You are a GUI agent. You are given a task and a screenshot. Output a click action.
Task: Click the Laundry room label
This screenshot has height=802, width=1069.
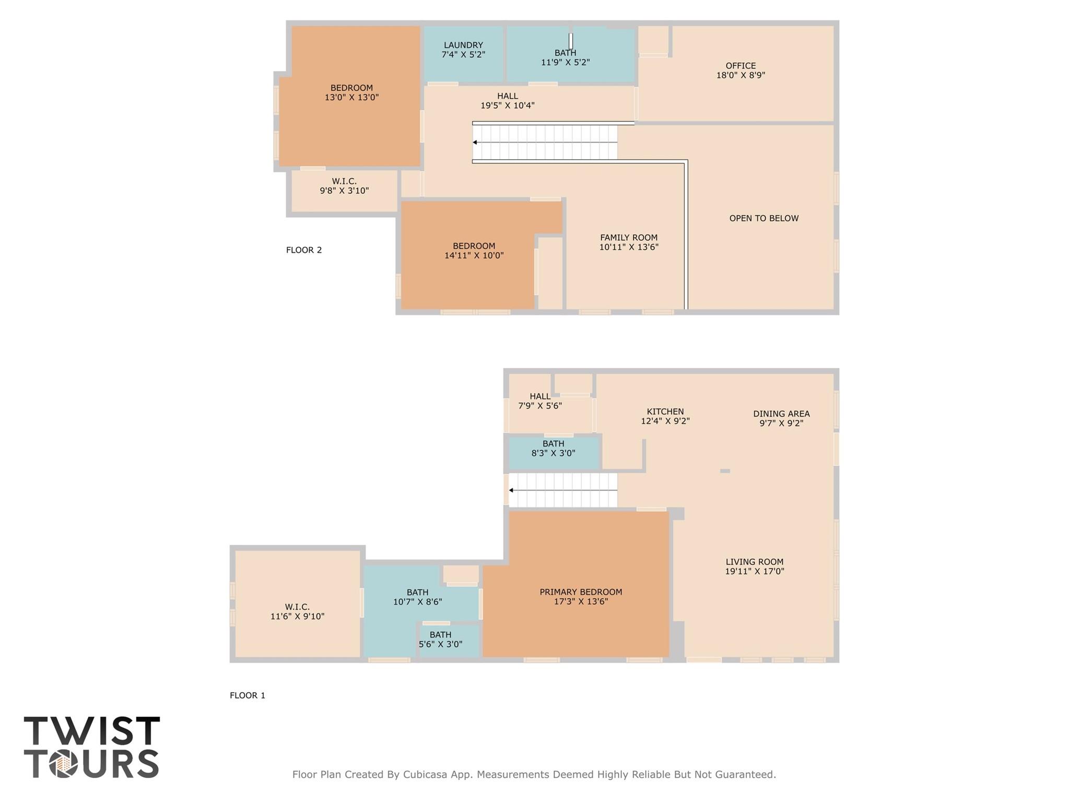[x=463, y=45]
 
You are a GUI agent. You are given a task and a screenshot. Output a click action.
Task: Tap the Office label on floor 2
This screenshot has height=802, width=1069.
[x=741, y=66]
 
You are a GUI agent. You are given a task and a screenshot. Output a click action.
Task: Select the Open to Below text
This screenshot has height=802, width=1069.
[x=763, y=218]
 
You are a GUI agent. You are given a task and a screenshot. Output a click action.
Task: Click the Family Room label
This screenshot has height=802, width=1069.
[x=629, y=238]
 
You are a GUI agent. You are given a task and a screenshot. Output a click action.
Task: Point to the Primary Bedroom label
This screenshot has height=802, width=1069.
[x=581, y=592]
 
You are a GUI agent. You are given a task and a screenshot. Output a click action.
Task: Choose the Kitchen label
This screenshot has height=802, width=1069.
[x=665, y=412]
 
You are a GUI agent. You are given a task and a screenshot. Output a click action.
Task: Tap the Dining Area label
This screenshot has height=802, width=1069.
[x=781, y=414]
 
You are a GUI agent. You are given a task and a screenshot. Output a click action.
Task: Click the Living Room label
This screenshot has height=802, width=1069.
[x=754, y=562]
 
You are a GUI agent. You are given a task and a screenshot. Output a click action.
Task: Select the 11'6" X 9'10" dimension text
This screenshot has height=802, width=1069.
[x=297, y=617]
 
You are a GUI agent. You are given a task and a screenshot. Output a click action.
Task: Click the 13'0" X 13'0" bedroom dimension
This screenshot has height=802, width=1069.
[x=351, y=98]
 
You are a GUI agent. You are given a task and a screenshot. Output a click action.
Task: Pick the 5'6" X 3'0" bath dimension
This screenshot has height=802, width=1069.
[x=440, y=644]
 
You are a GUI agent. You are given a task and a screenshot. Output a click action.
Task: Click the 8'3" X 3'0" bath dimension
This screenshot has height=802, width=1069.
[x=553, y=454]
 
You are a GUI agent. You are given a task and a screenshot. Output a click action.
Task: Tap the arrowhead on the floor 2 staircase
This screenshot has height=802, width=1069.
[x=475, y=142]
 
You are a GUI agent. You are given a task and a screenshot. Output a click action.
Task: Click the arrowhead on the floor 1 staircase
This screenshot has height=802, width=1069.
[x=511, y=490]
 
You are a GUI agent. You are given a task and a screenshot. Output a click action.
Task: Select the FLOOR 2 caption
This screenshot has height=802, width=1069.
[x=304, y=250]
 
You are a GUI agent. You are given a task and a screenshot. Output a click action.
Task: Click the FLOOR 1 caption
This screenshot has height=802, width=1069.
[x=248, y=695]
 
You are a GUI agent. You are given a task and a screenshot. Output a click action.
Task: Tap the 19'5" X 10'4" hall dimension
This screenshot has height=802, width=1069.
[x=507, y=106]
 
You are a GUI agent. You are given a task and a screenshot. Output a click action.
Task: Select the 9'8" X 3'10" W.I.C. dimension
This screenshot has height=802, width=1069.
[x=344, y=191]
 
